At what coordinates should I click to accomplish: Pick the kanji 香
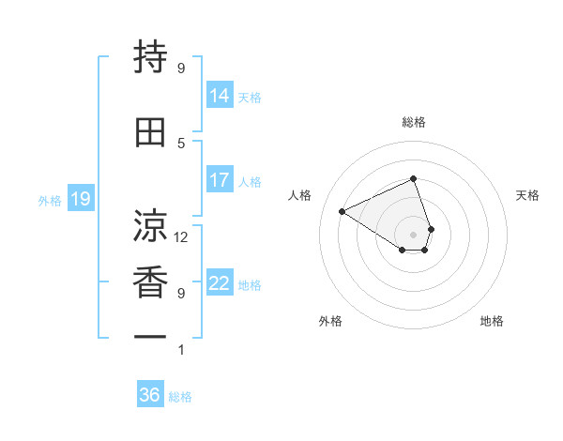click(x=151, y=281)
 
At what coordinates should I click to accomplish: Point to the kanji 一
click(x=151, y=336)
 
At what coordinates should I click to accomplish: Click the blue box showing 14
click(x=220, y=96)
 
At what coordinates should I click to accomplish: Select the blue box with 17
click(x=220, y=180)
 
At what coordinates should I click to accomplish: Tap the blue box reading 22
click(x=220, y=284)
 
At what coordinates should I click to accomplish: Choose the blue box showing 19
click(x=81, y=199)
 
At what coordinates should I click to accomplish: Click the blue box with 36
click(x=150, y=395)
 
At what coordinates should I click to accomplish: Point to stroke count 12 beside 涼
click(x=181, y=236)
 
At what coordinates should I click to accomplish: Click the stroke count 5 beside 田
click(x=181, y=143)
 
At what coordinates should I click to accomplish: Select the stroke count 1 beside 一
click(x=181, y=350)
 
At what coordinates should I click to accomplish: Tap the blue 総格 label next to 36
click(x=180, y=397)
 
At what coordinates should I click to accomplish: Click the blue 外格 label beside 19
click(x=50, y=200)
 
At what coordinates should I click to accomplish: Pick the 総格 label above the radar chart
click(x=413, y=122)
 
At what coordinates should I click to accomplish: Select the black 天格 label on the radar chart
click(x=527, y=195)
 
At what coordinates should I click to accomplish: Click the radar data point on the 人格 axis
click(x=342, y=211)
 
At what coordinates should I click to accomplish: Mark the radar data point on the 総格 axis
click(x=413, y=178)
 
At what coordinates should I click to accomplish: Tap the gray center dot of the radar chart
click(x=413, y=233)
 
